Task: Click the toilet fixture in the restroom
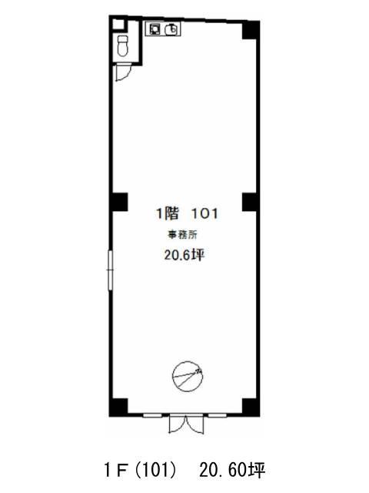click(122, 45)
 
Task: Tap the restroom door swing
click(123, 72)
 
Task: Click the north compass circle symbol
click(188, 377)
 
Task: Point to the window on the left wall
click(110, 270)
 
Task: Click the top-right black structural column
click(251, 30)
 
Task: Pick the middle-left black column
click(119, 202)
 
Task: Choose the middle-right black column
click(251, 202)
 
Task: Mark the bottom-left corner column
click(118, 407)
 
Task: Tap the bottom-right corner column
click(251, 407)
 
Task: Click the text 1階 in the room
click(168, 213)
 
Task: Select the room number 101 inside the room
click(204, 214)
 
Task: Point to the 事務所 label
click(182, 234)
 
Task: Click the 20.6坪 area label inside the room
click(184, 255)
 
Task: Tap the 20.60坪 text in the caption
click(232, 471)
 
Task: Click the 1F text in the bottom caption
click(116, 471)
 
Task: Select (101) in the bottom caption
click(155, 471)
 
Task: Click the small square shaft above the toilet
click(118, 25)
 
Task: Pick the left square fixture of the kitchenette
click(155, 29)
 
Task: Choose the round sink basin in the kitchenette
click(171, 29)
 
